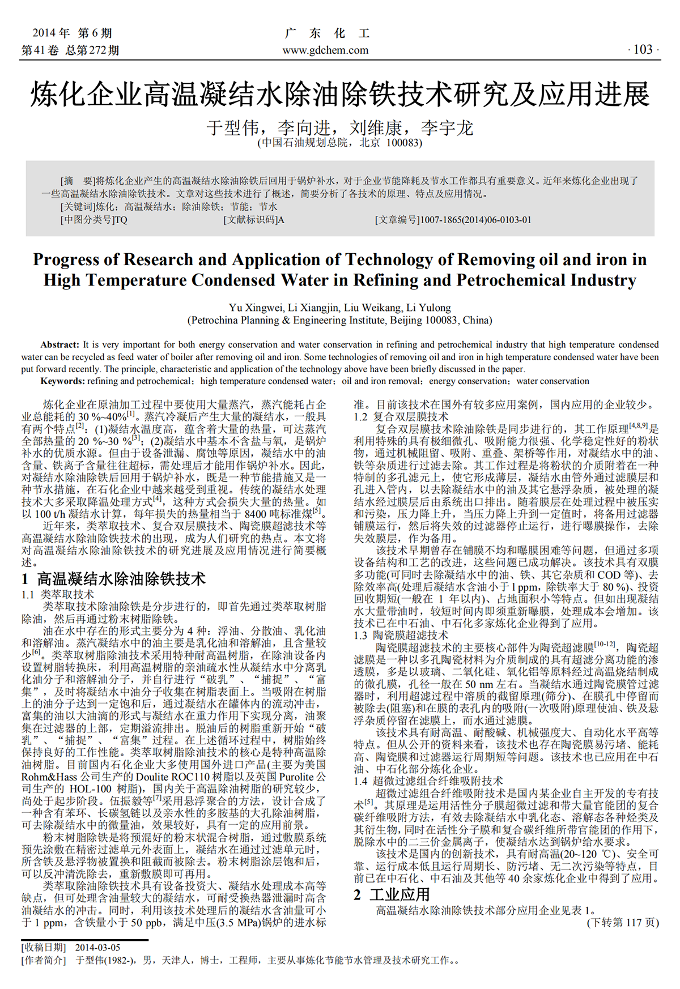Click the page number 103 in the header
pos(643,50)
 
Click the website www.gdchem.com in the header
pos(325,50)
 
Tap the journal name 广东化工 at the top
pos(327,33)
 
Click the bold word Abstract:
pos(59,344)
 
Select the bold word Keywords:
pos(62,381)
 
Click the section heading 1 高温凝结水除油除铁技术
pos(113,579)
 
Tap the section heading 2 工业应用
pos(392,894)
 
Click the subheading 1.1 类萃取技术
pos(58,594)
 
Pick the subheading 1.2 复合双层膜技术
pos(401,417)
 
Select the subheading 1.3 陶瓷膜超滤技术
pos(401,635)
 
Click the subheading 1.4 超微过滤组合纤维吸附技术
pos(428,781)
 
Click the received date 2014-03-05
pos(97,948)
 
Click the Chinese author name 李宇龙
pos(447,127)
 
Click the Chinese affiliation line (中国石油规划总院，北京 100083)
pos(340,143)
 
